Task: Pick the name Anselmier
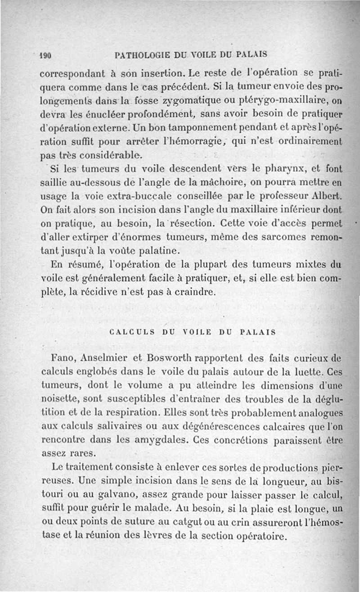coord(102,358)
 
